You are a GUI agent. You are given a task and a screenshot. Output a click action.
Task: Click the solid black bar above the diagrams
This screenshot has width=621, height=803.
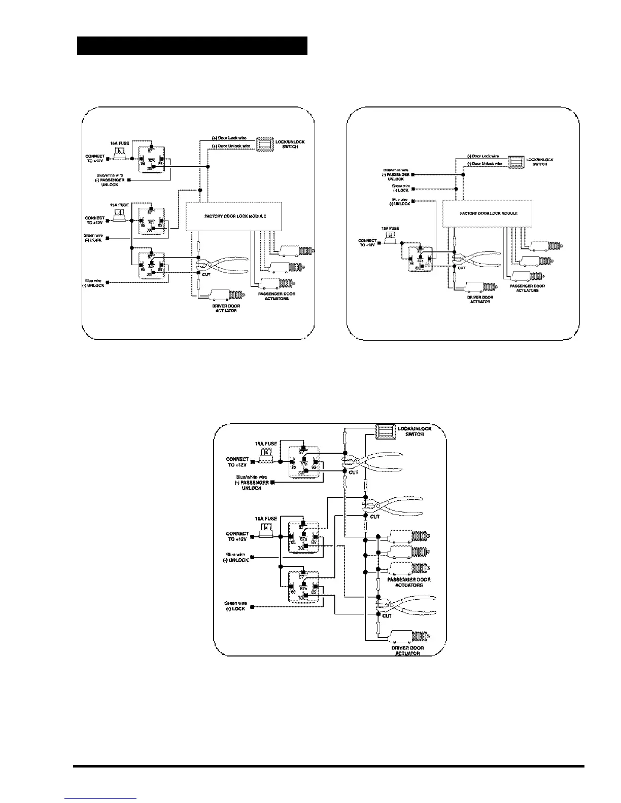[x=192, y=46]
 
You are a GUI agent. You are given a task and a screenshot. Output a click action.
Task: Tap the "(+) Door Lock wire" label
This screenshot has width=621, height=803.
[x=229, y=138]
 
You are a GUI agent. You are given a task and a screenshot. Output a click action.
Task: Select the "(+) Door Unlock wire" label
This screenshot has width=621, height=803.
[x=231, y=146]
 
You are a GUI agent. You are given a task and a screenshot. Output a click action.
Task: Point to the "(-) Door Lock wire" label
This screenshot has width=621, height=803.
[x=483, y=156]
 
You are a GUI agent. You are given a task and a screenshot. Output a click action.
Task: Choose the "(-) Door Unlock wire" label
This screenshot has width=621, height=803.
[x=485, y=164]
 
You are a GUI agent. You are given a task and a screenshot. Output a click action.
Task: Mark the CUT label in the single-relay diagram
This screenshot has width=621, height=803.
[x=462, y=268]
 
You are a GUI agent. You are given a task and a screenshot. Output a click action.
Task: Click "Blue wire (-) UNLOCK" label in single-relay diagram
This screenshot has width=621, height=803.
[x=401, y=202]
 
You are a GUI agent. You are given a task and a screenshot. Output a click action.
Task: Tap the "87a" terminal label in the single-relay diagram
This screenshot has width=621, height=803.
[x=421, y=261]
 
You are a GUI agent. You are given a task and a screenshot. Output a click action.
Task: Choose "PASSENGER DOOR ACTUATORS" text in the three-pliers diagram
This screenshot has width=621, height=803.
[x=409, y=582]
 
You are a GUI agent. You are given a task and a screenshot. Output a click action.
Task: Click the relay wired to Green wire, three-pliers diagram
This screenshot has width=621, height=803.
[x=303, y=587]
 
